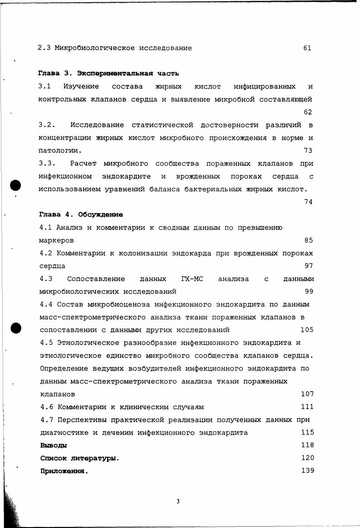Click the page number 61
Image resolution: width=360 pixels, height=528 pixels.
coord(307,48)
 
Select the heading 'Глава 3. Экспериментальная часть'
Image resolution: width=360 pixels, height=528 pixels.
coord(108,73)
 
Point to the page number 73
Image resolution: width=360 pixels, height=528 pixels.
coord(308,151)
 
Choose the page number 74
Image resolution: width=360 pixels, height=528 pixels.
coord(308,202)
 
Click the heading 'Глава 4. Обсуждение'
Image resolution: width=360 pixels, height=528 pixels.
coord(81,215)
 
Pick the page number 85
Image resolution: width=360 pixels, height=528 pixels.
coord(309,240)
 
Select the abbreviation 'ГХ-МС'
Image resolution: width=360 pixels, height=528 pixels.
coord(192,279)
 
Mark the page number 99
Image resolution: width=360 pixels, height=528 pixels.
coord(309,292)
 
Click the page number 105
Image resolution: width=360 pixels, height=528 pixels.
coord(307,330)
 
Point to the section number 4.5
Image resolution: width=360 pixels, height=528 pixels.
coord(47,343)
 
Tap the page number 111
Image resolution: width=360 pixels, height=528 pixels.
coord(307,407)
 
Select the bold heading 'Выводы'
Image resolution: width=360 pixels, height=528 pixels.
coord(53,445)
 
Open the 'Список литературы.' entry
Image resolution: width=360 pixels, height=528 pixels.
coord(79,458)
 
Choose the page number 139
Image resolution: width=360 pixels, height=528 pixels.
coord(307,471)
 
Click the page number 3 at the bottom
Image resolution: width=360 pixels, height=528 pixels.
coord(178,501)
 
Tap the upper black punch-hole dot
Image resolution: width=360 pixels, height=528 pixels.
coord(16,185)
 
